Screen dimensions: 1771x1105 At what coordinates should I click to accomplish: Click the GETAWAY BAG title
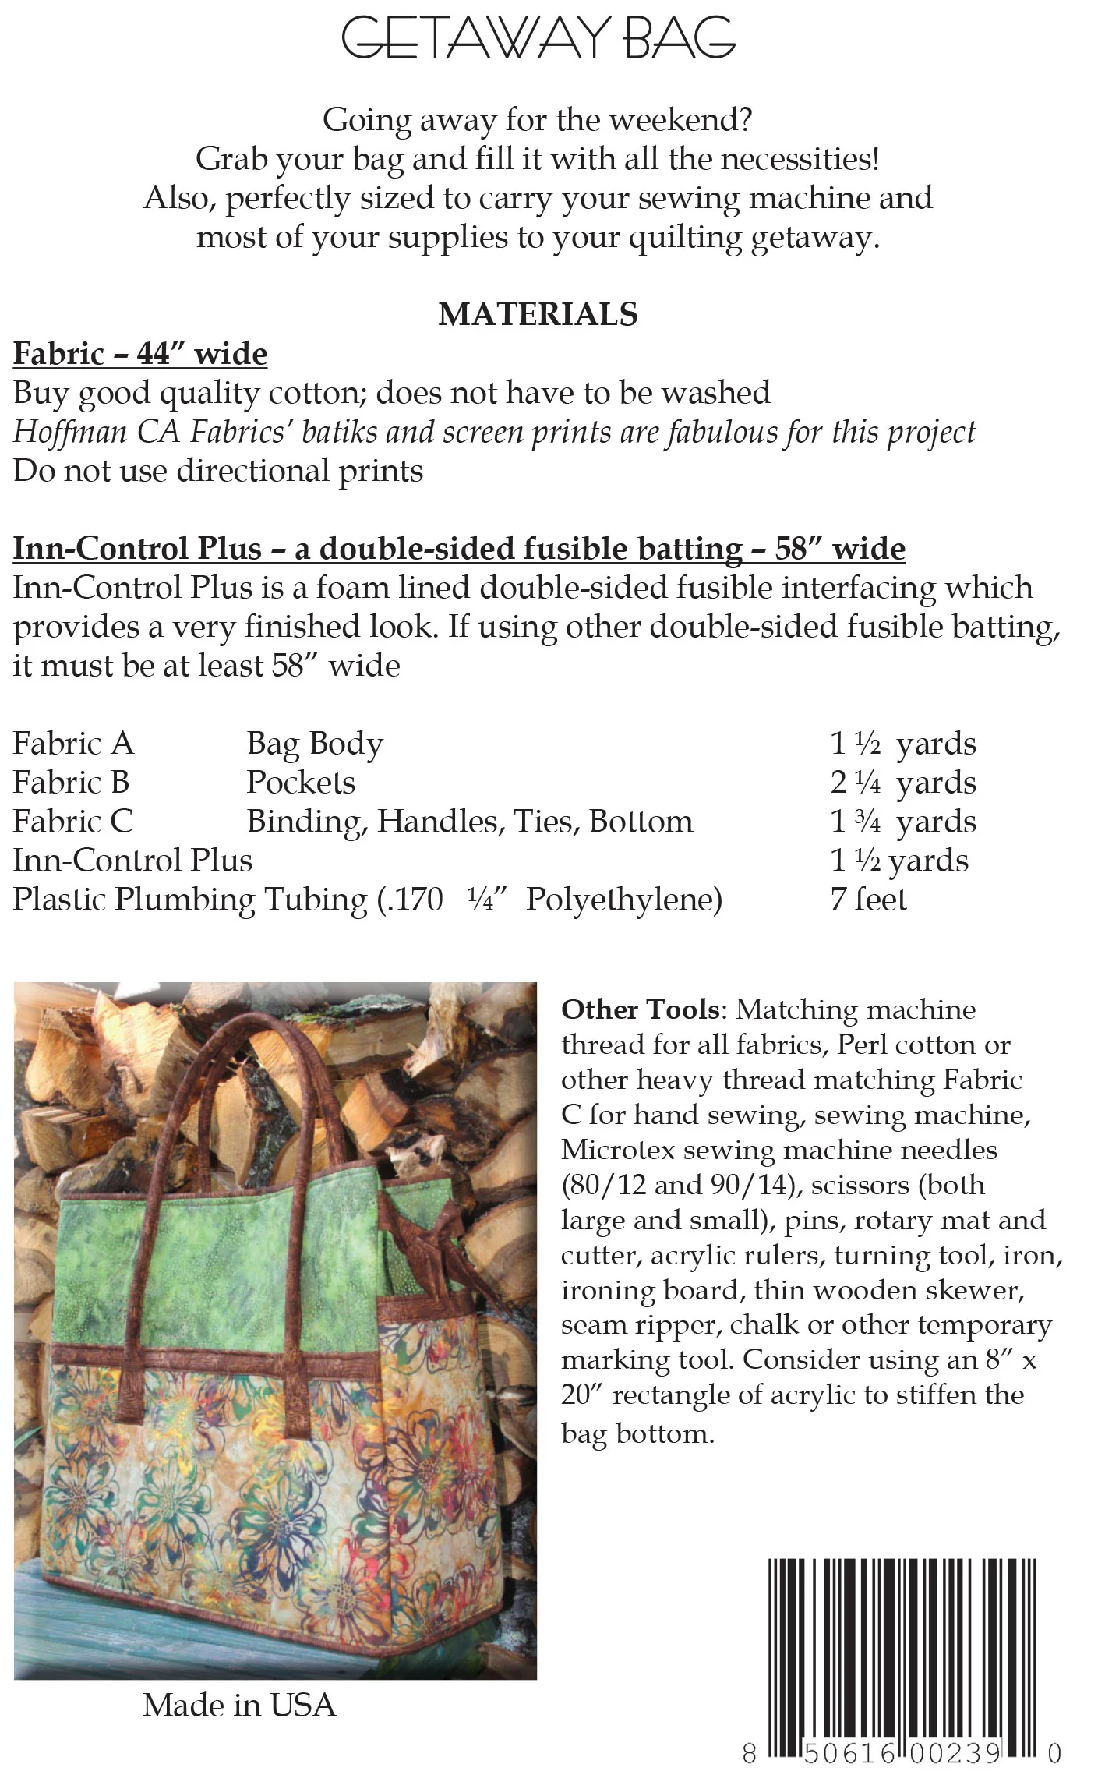[538, 37]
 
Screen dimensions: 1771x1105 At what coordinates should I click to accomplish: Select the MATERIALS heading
[538, 314]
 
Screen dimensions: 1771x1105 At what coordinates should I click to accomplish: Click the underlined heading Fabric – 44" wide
[140, 354]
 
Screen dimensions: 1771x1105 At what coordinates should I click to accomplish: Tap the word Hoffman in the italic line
[69, 432]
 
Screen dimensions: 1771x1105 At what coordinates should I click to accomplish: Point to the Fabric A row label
[73, 744]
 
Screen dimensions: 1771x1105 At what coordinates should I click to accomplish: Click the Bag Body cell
[315, 744]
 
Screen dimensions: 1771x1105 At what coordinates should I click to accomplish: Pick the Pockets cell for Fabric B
[301, 783]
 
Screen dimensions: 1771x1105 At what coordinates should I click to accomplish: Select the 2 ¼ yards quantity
[902, 783]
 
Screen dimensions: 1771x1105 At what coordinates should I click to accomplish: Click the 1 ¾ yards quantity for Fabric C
[902, 822]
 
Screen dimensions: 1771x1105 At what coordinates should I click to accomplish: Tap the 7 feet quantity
[868, 900]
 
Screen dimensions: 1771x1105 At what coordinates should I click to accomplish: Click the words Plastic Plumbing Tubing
[190, 900]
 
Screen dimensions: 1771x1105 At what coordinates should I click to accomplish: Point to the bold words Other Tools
[640, 1009]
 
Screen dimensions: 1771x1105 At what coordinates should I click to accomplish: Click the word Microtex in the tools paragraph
[616, 1150]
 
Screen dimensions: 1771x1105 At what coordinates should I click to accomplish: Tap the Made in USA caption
[239, 1705]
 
